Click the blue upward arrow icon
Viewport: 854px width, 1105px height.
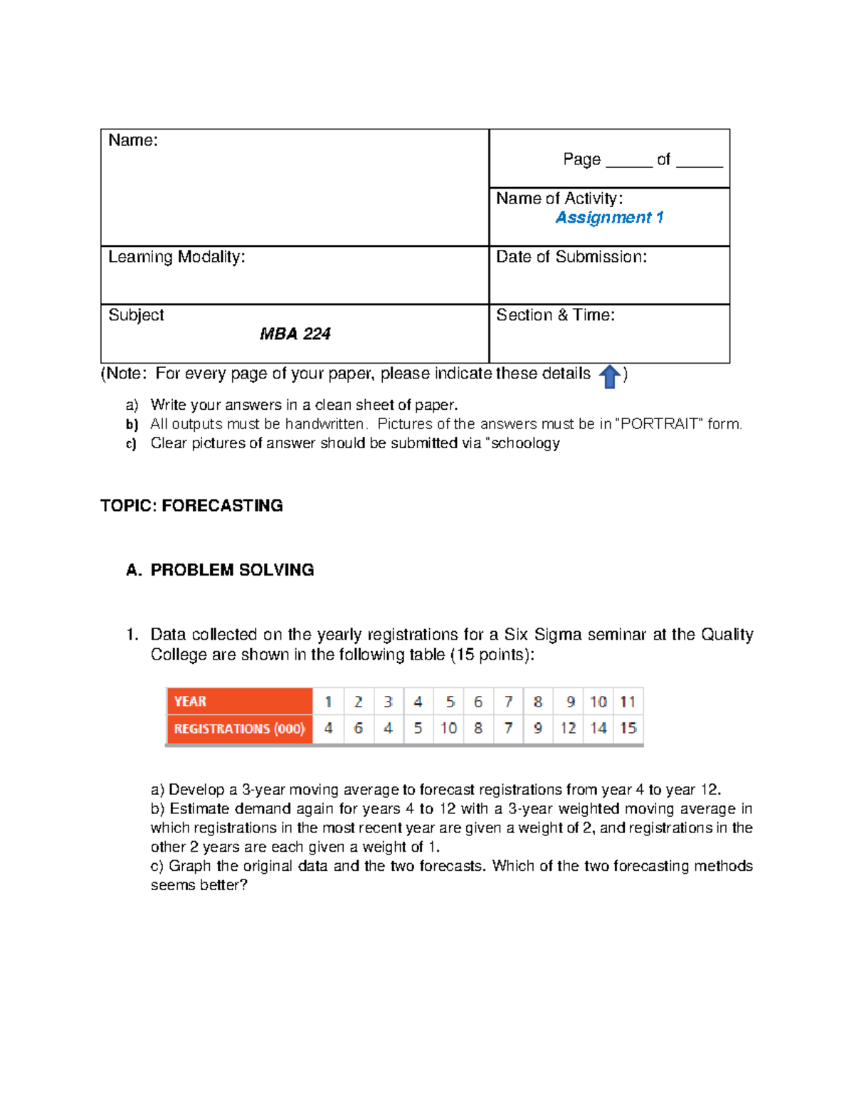click(x=609, y=376)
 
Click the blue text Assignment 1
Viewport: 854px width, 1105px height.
click(x=609, y=218)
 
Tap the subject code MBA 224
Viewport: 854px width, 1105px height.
click(x=295, y=334)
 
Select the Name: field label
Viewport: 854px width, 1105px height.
click(x=133, y=140)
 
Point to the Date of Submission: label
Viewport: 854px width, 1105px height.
click(x=571, y=257)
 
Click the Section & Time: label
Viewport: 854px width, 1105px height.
click(x=555, y=315)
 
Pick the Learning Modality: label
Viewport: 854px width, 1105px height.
click(x=176, y=257)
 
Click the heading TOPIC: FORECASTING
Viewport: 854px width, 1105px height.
click(x=191, y=506)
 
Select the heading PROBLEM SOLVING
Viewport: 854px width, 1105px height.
click(x=232, y=570)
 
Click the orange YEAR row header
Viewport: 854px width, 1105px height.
click(x=239, y=702)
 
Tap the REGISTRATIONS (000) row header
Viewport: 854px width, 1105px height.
click(x=239, y=729)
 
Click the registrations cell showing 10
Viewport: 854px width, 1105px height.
click(x=448, y=729)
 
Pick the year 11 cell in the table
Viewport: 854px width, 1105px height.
click(x=628, y=702)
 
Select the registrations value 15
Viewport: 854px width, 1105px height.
click(x=628, y=729)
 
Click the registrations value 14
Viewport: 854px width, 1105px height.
click(x=598, y=729)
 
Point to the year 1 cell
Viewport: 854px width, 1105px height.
click(x=328, y=702)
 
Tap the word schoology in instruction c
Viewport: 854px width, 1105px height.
click(x=525, y=443)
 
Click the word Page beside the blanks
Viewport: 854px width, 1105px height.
click(x=581, y=159)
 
